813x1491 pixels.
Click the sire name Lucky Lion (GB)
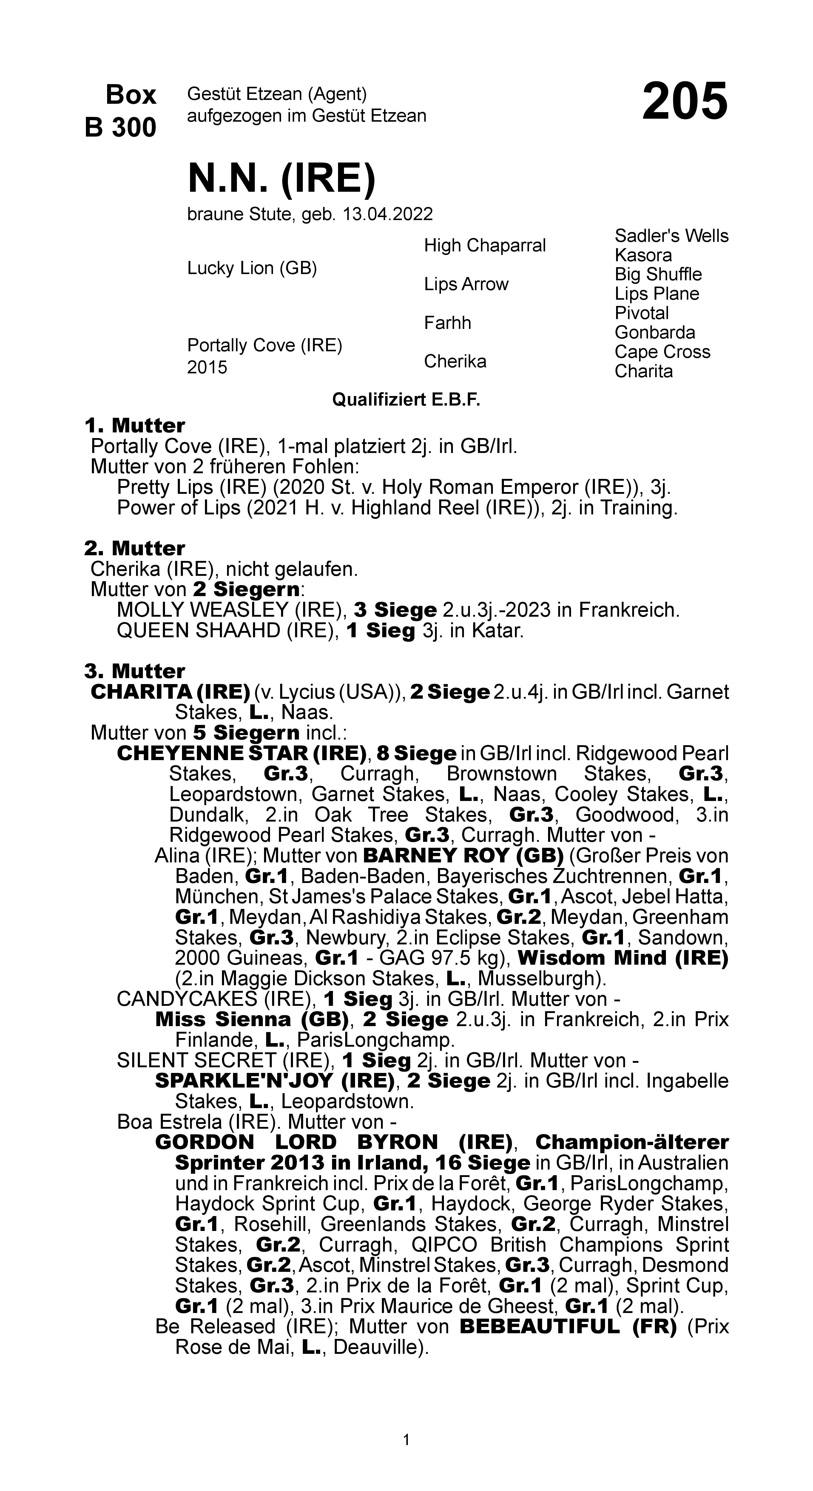click(x=252, y=269)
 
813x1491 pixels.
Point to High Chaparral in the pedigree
click(x=485, y=245)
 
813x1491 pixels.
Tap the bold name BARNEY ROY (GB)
click(x=463, y=856)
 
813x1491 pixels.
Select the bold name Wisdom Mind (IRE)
click(x=622, y=958)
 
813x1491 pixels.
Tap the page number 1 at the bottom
click(x=406, y=1439)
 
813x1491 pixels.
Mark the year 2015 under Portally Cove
click(x=207, y=368)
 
